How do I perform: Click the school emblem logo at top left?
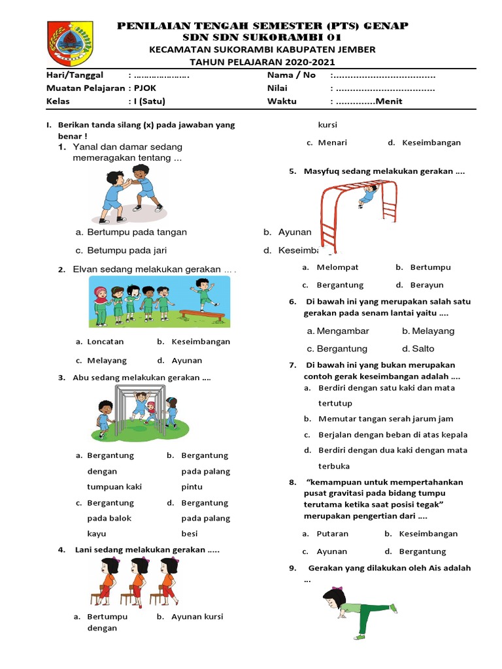point(70,42)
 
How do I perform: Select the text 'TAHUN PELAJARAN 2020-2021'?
point(261,62)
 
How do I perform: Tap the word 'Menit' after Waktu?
point(390,101)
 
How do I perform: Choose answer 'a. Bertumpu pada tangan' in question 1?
point(131,232)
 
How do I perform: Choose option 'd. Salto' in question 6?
point(418,349)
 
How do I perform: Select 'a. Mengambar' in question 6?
point(338,331)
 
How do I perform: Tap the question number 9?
point(292,568)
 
